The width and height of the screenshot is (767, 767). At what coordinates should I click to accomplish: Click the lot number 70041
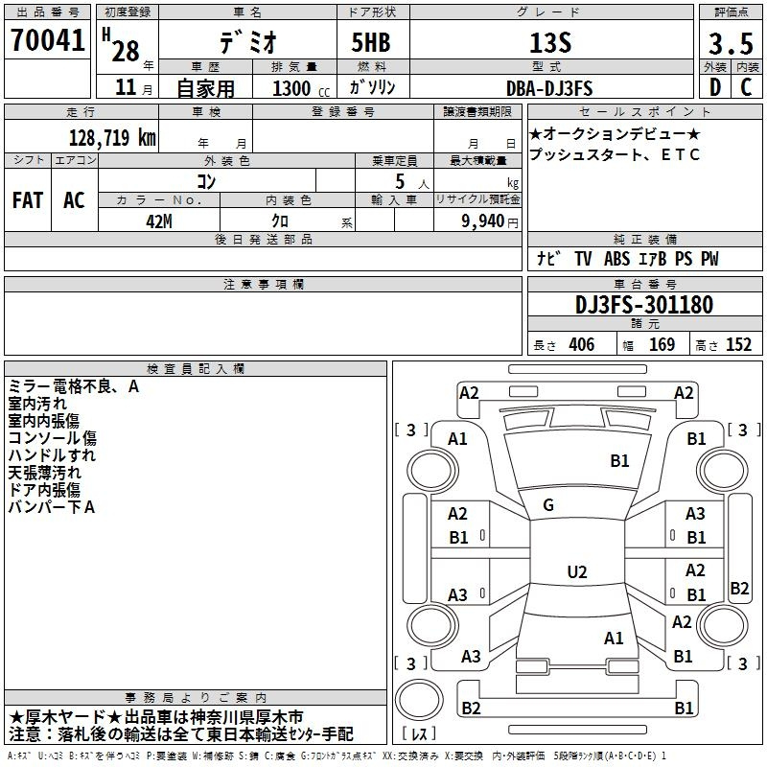[47, 40]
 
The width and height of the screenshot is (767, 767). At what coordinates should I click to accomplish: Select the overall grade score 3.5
[731, 43]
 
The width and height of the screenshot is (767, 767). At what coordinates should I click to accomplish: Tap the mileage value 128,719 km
[112, 138]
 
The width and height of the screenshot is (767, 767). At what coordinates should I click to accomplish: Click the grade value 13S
[550, 42]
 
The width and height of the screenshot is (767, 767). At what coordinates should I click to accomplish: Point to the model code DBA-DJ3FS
[549, 88]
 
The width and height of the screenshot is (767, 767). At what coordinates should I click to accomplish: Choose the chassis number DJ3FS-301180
[644, 305]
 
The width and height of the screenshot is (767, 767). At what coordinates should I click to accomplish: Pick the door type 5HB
[371, 42]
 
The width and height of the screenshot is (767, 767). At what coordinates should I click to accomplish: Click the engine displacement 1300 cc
[301, 89]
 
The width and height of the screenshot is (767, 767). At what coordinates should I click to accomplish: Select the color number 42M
[159, 221]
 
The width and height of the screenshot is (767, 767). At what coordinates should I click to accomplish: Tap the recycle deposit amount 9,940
[483, 221]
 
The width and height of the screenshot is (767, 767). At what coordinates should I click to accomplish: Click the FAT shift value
[28, 200]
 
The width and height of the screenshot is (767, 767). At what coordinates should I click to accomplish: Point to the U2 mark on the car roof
[577, 571]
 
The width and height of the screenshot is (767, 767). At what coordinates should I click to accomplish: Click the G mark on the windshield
[548, 505]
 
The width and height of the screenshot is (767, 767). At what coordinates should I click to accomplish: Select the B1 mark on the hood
[619, 461]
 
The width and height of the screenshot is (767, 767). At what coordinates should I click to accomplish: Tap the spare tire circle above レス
[419, 699]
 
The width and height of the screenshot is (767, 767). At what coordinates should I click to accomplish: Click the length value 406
[582, 345]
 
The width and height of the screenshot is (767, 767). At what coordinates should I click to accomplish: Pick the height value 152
[738, 345]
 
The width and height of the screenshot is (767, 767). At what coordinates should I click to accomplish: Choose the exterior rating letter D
[715, 87]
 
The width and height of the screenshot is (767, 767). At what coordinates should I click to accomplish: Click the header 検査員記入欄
[196, 369]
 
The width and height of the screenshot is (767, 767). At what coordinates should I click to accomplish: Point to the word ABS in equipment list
[616, 259]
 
